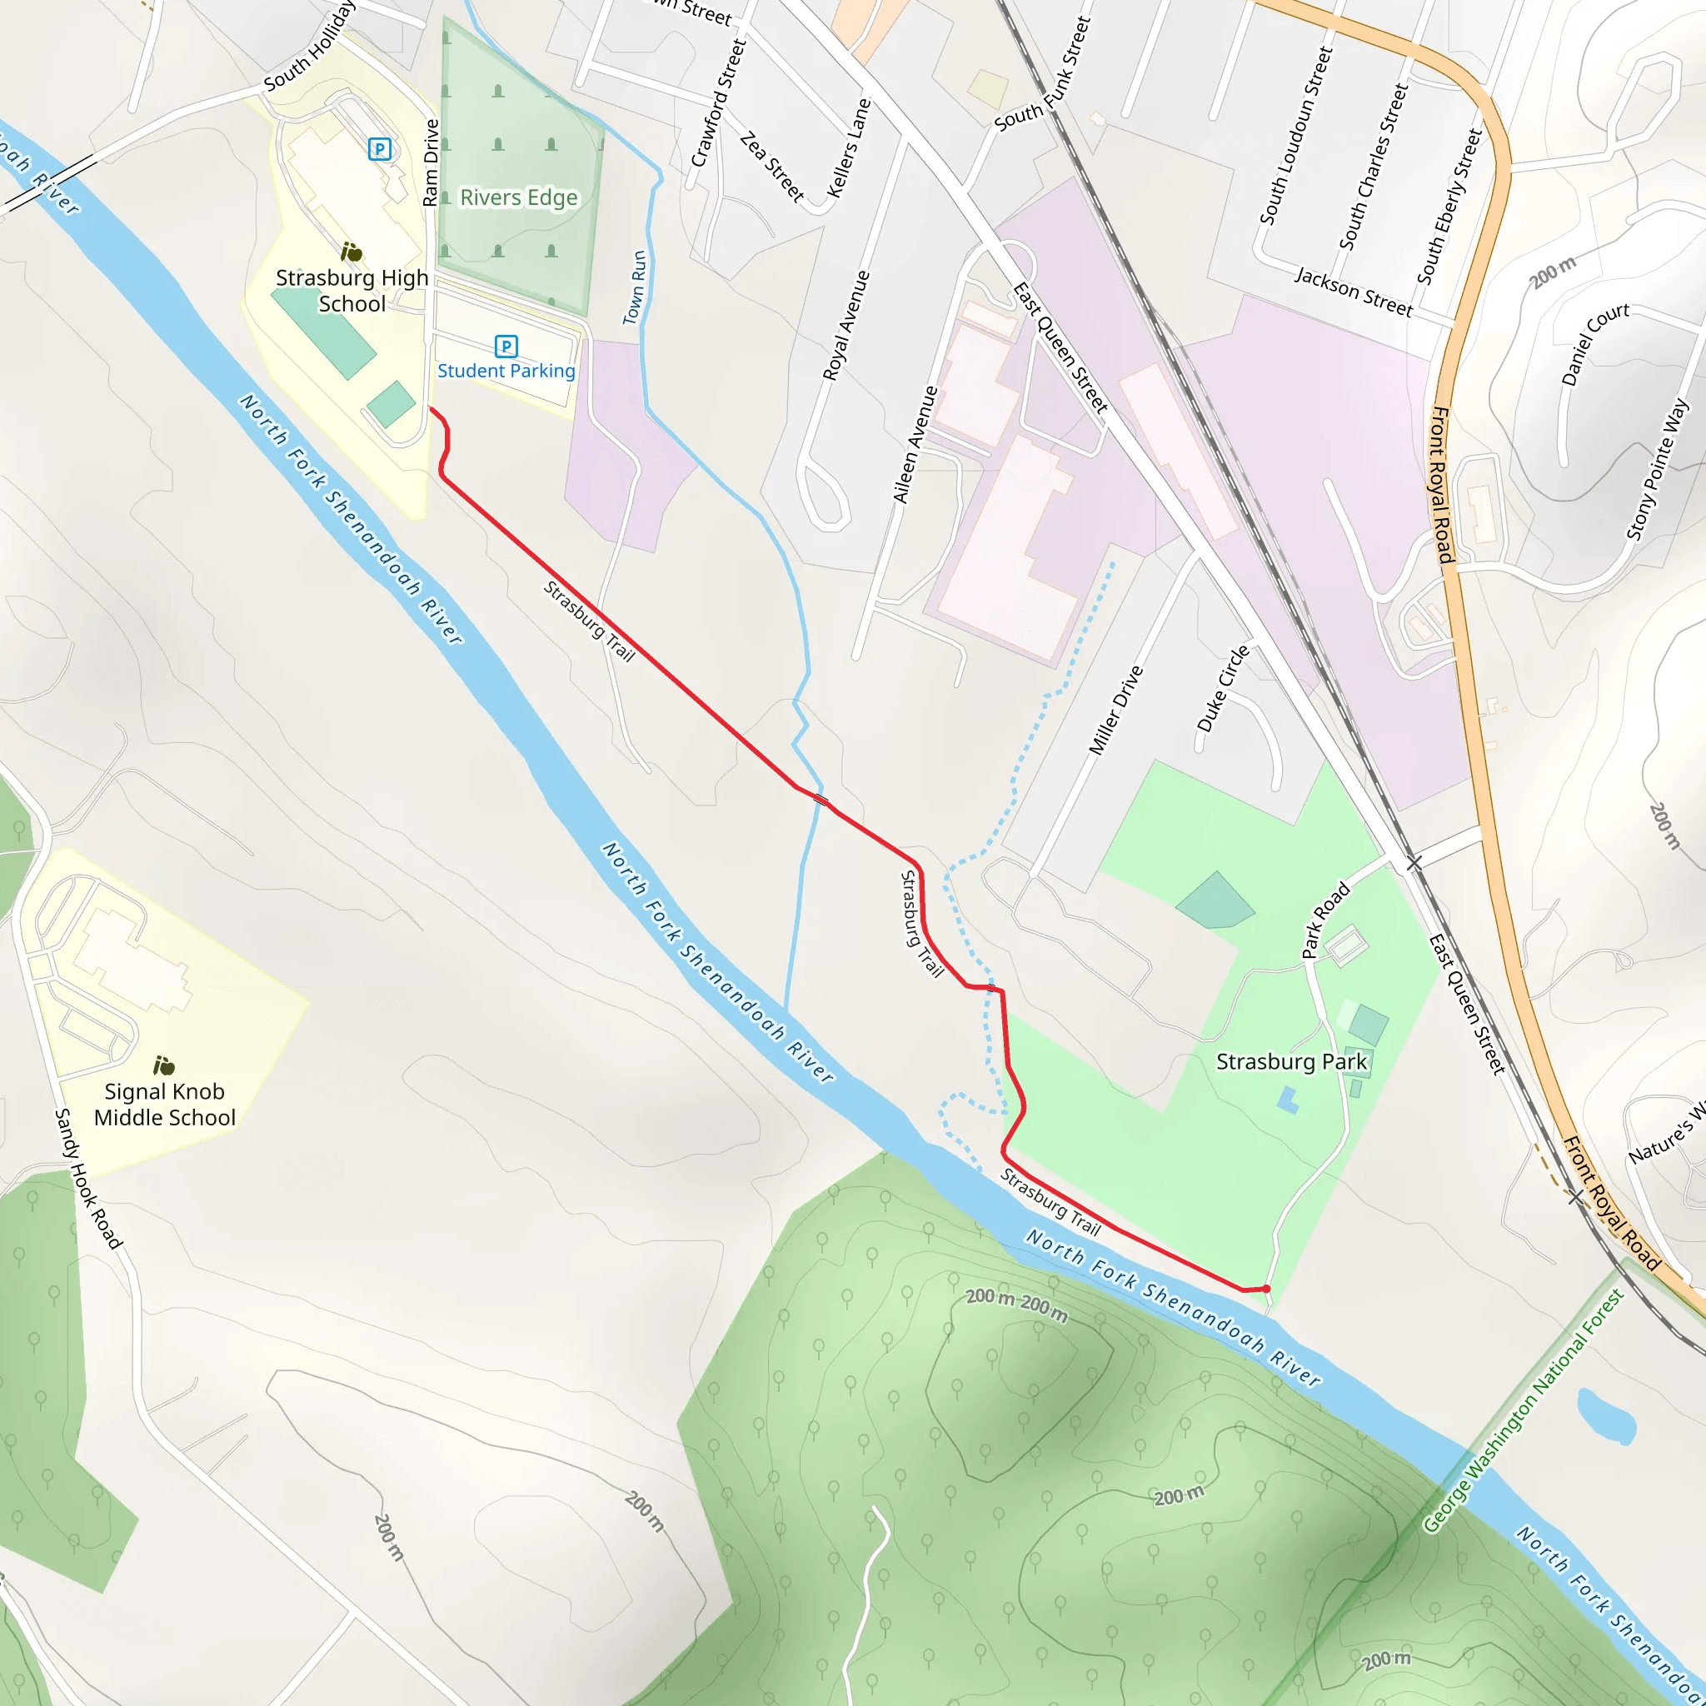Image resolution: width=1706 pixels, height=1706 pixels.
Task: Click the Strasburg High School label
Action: (x=352, y=291)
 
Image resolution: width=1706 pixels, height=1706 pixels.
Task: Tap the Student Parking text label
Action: (x=506, y=371)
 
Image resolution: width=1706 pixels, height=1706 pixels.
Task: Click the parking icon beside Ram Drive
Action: (x=380, y=149)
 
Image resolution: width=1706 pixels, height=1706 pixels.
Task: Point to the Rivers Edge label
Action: (x=518, y=197)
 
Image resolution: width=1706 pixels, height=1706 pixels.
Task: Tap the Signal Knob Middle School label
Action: (x=164, y=1104)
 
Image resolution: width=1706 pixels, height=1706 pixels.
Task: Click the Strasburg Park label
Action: (x=1291, y=1061)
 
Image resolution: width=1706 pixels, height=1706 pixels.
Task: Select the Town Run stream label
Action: (x=635, y=288)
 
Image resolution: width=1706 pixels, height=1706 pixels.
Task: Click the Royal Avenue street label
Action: (x=846, y=326)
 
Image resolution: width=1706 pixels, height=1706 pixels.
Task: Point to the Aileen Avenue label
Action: (x=915, y=444)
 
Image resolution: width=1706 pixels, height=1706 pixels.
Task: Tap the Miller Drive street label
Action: (x=1115, y=711)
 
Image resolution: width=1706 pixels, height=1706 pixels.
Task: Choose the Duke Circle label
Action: (x=1223, y=689)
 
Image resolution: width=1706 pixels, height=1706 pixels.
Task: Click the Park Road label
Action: (x=1325, y=920)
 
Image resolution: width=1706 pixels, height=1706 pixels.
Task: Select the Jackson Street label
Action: (x=1353, y=291)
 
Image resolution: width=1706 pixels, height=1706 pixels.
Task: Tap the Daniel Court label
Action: (x=1594, y=342)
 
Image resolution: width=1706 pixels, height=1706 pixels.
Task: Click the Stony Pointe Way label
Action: (x=1658, y=470)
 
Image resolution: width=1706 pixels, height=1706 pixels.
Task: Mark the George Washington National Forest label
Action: (x=1524, y=1411)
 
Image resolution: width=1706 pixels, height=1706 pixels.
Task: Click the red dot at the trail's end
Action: (x=1266, y=1289)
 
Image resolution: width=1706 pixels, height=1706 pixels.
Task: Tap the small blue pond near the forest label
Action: (x=1604, y=1414)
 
